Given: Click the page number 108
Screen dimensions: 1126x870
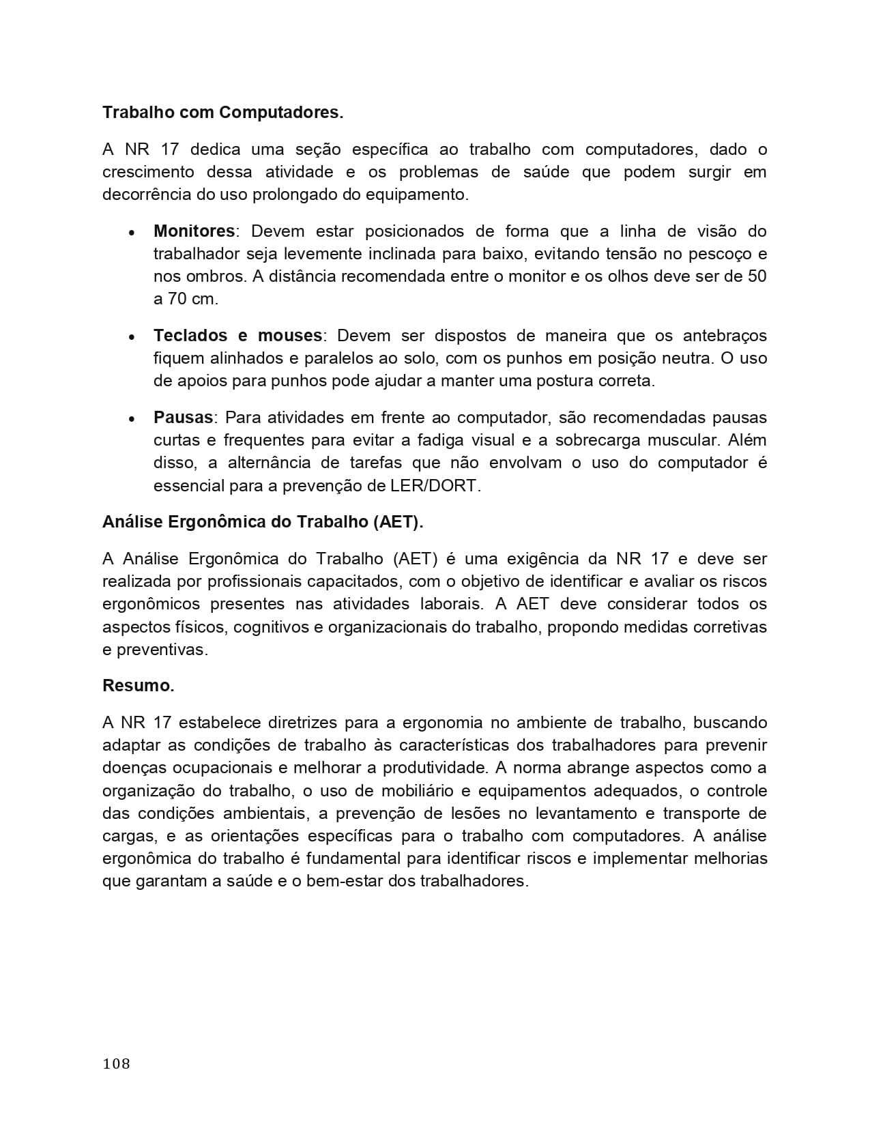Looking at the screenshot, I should pyautogui.click(x=116, y=1063).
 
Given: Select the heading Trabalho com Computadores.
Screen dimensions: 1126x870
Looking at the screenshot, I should pyautogui.click(x=222, y=113).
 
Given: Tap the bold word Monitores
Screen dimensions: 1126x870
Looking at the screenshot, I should pyautogui.click(x=194, y=231).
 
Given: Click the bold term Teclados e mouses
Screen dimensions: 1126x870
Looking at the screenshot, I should pyautogui.click(x=237, y=336).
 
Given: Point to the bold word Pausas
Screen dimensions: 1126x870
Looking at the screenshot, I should pyautogui.click(x=183, y=418).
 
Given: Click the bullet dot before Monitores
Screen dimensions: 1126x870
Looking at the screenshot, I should pyautogui.click(x=131, y=233).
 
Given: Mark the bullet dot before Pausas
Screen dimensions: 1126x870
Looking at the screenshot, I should pyautogui.click(x=131, y=419).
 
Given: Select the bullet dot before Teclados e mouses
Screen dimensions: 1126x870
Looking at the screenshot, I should pyautogui.click(x=131, y=337).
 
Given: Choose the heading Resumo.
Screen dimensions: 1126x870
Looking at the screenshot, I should pyautogui.click(x=139, y=686).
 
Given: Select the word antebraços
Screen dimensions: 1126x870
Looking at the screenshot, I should pyautogui.click(x=725, y=336).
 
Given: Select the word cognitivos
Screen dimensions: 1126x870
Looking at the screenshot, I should pyautogui.click(x=270, y=626).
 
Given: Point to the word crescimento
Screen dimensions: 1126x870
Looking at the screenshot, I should pyautogui.click(x=148, y=172).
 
